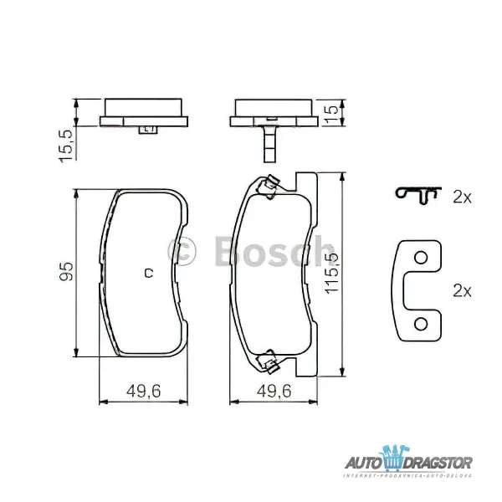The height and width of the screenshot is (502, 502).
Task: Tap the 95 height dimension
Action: pyautogui.click(x=67, y=271)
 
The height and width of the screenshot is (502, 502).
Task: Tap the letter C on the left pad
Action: pyautogui.click(x=147, y=272)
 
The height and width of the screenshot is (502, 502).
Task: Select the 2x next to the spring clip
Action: pyautogui.click(x=462, y=197)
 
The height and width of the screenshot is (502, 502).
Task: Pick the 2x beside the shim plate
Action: pyautogui.click(x=462, y=290)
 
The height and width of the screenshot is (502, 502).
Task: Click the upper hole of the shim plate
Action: pyautogui.click(x=423, y=258)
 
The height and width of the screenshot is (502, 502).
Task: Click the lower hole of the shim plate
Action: pyautogui.click(x=423, y=323)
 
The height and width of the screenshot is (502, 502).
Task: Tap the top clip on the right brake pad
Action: pyautogui.click(x=269, y=186)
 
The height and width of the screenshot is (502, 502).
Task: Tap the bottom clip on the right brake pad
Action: pyautogui.click(x=269, y=362)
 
